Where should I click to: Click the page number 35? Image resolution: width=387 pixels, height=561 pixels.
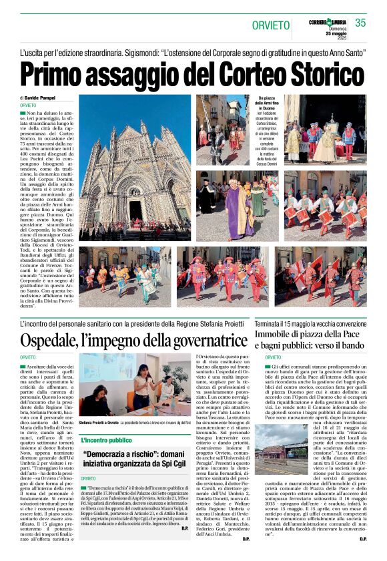pyautogui.click(x=360, y=23)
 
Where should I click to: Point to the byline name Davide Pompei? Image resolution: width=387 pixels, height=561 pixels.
pyautogui.click(x=43, y=98)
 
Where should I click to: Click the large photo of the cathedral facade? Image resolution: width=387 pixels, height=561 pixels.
pyautogui.click(x=135, y=167)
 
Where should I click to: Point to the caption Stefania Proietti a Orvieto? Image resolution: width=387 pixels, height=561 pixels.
pyautogui.click(x=101, y=423)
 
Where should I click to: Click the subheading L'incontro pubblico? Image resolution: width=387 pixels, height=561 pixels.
pyautogui.click(x=107, y=440)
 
